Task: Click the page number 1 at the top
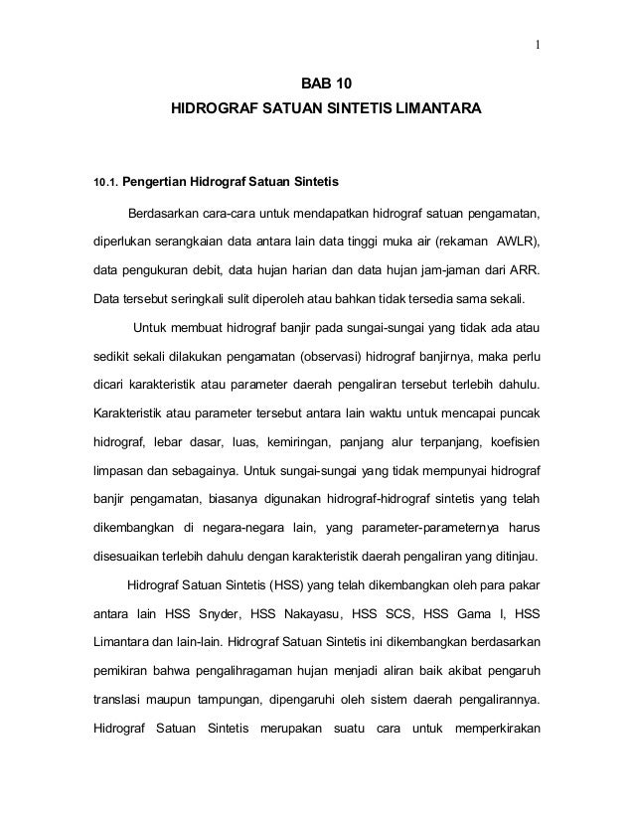[x=537, y=43]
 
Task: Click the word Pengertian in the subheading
[x=159, y=183]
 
